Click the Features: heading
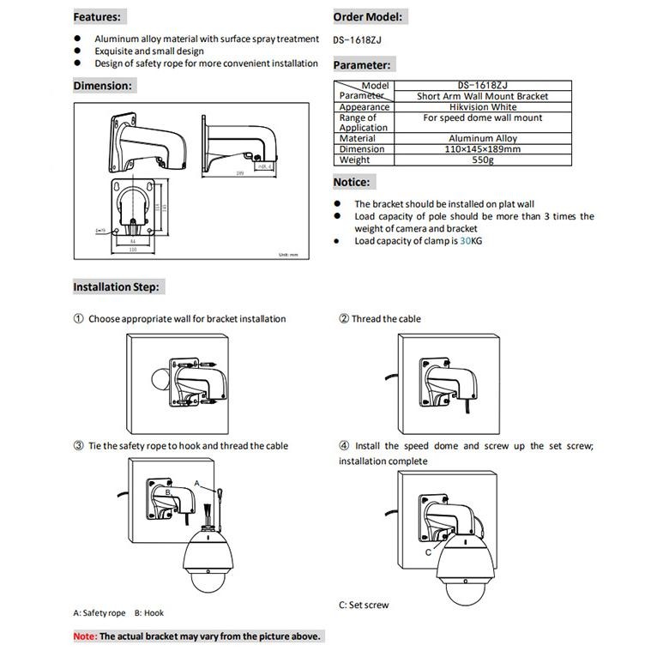click(x=97, y=17)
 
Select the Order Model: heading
click(x=367, y=17)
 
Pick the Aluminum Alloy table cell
click(x=482, y=138)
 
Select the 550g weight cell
click(x=482, y=160)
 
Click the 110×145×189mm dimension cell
click(x=482, y=149)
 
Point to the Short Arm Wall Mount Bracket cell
click(x=482, y=96)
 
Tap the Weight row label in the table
click(x=354, y=160)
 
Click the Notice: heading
click(x=352, y=182)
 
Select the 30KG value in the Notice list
click(x=471, y=241)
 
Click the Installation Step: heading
click(x=116, y=287)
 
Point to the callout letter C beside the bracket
click(x=427, y=552)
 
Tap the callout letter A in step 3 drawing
click(x=196, y=484)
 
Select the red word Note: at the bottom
click(x=85, y=636)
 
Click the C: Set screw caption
click(x=364, y=606)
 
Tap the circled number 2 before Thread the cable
click(x=344, y=319)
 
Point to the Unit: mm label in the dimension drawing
click(x=287, y=255)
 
